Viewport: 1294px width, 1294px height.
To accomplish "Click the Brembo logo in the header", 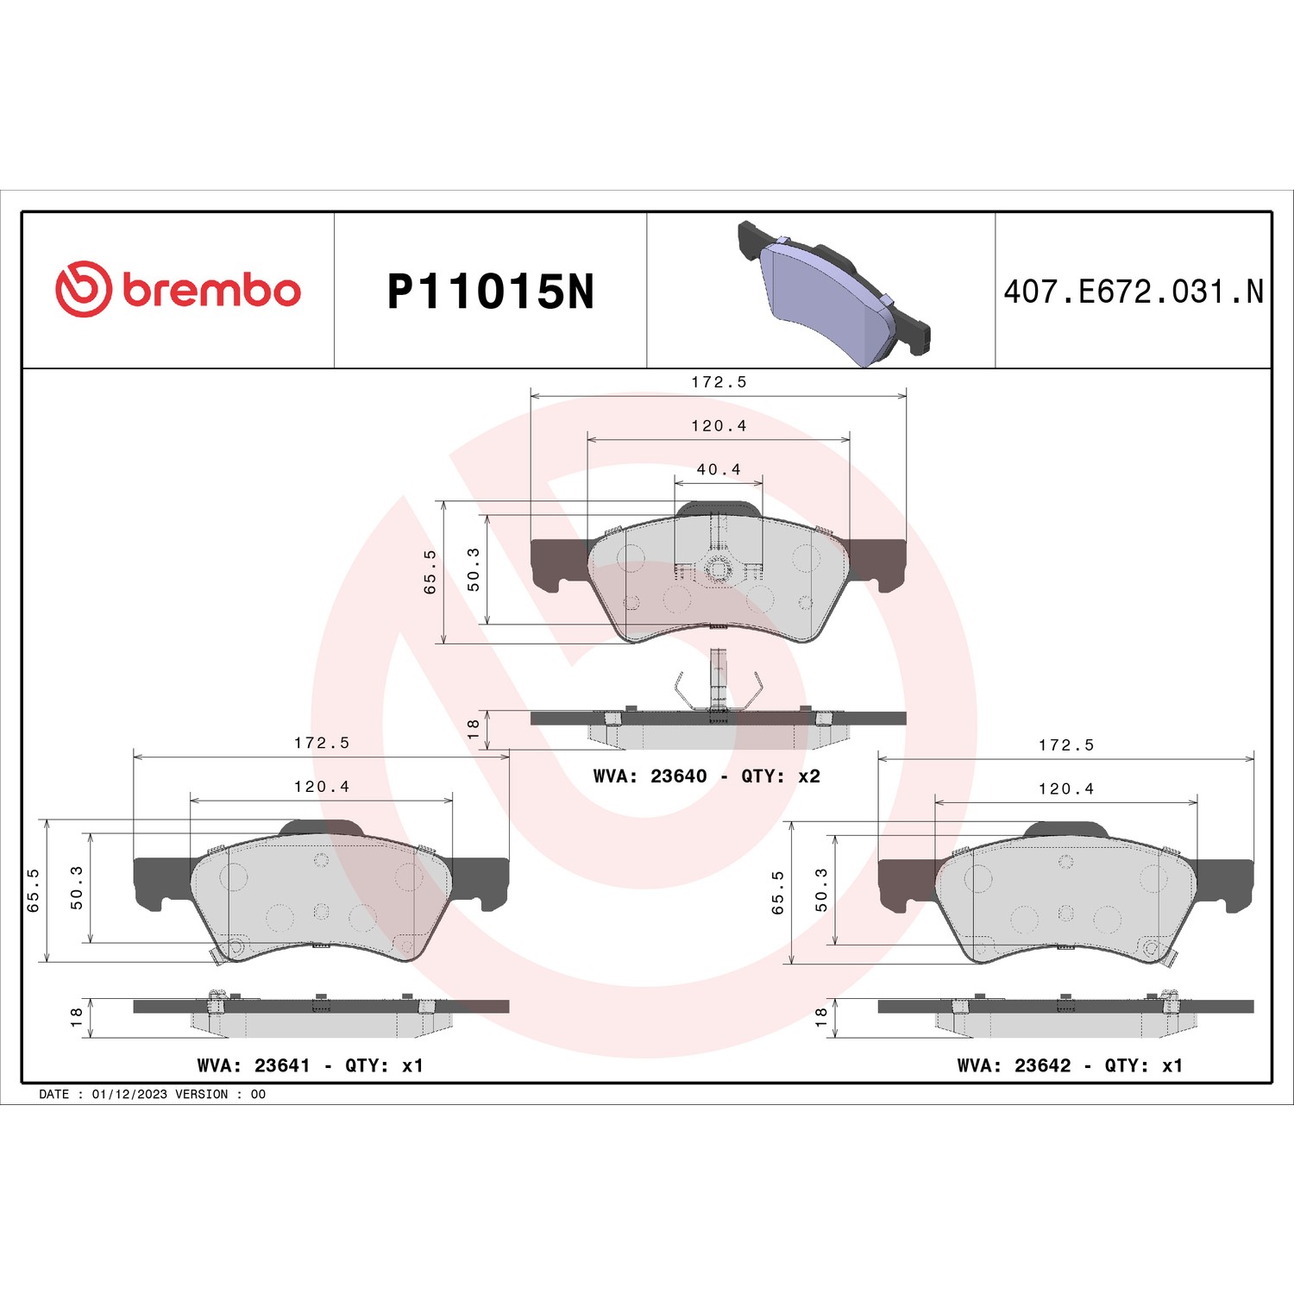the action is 178,289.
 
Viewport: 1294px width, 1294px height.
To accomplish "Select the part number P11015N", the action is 491,292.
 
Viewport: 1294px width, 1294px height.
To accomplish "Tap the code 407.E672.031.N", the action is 1133,292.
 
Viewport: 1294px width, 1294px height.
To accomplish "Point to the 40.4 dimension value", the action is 719,469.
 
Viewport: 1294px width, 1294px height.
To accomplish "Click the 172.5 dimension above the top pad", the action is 719,381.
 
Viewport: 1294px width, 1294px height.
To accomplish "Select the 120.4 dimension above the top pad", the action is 719,425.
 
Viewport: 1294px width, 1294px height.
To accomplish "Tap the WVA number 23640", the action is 679,776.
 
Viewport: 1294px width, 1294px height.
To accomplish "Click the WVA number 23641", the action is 282,1065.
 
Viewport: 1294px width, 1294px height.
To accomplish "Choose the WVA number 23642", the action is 1042,1065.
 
